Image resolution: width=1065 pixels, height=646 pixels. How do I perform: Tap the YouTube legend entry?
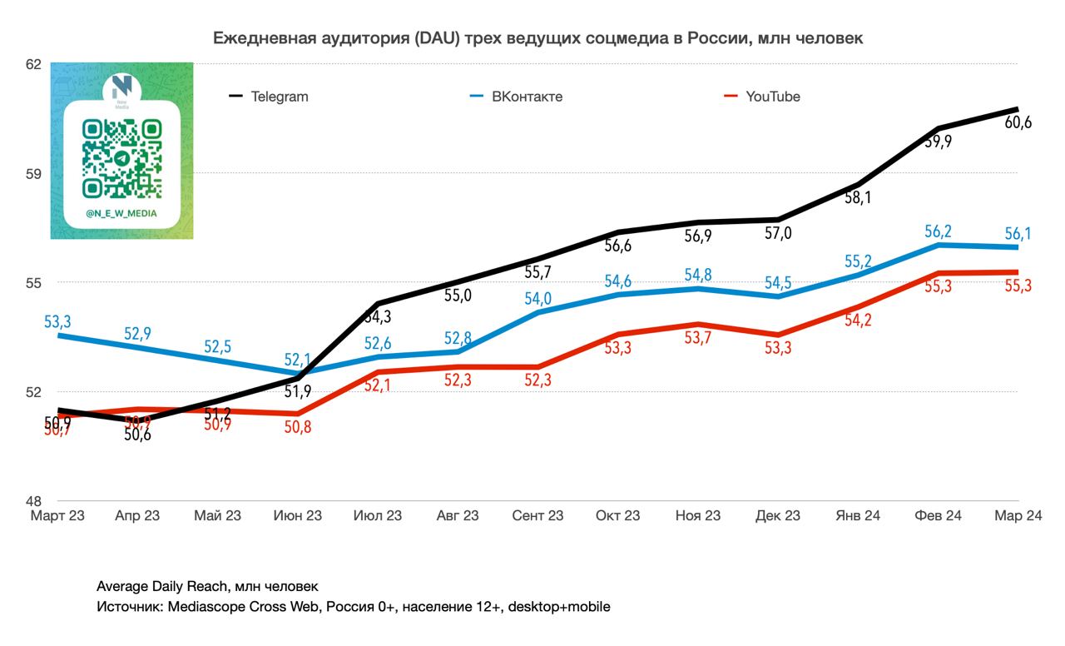772,97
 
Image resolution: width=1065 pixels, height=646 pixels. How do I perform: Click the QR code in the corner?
121,157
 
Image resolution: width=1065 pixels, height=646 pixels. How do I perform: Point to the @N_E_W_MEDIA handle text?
121,214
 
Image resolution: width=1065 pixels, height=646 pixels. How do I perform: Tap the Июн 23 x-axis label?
297,516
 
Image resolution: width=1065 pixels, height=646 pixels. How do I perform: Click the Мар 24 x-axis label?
1018,516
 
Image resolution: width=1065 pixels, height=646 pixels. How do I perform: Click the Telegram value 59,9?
939,142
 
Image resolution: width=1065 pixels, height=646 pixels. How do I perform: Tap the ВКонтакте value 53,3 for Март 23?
57,321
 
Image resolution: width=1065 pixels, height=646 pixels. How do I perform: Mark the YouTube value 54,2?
858,320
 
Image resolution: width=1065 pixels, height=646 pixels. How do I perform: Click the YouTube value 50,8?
297,428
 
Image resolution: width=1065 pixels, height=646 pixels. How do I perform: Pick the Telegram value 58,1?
858,198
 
